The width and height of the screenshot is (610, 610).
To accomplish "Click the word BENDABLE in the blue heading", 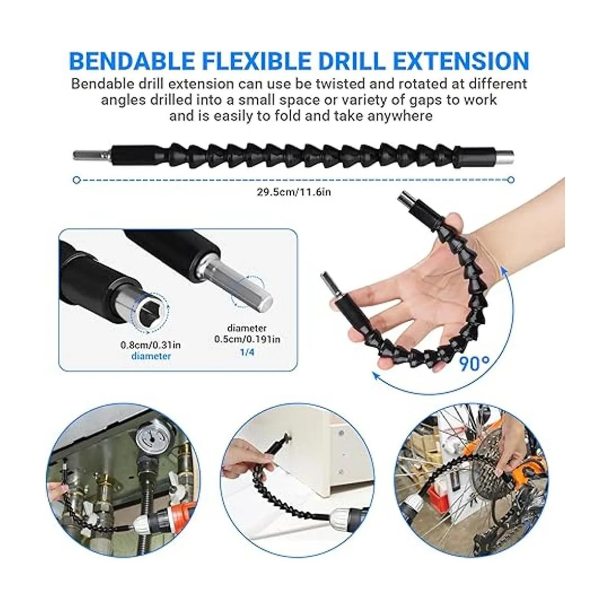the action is click(131, 61).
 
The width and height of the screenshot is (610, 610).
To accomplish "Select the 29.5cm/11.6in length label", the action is click(293, 192).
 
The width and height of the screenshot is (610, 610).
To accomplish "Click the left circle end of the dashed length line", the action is click(76, 180).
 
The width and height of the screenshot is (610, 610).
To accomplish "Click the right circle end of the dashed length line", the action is click(510, 180).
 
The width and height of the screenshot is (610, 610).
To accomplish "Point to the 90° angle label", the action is click(474, 363).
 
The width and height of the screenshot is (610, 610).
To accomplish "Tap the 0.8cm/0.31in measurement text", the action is click(150, 345).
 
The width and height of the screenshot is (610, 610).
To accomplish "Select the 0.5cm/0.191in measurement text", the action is click(247, 339).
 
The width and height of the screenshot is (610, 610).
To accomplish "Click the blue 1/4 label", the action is click(247, 352).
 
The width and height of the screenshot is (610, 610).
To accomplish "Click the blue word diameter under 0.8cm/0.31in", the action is click(151, 356).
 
